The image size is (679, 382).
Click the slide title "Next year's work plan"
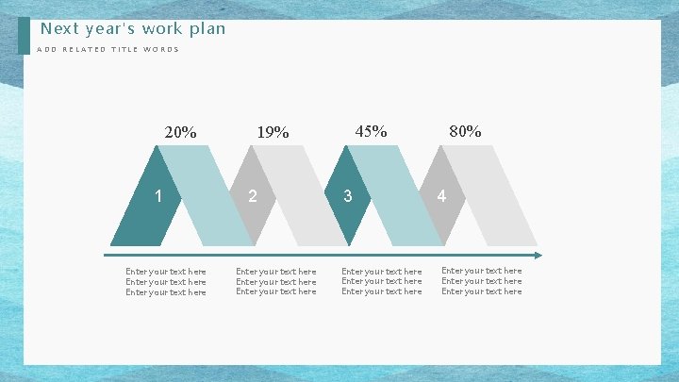(133, 28)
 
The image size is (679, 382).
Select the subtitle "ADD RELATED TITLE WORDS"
(108, 50)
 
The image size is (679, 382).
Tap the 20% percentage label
(180, 132)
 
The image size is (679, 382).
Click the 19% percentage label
(273, 132)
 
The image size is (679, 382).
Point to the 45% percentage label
(371, 131)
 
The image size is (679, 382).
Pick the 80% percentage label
(465, 131)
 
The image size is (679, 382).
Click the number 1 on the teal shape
(160, 196)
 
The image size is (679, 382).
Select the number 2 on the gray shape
(252, 196)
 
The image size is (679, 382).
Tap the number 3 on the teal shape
(348, 196)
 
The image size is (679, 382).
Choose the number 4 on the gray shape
(441, 196)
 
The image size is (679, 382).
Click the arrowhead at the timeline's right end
(538, 255)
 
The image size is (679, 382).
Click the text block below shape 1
(166, 282)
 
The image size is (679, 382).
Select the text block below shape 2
(276, 281)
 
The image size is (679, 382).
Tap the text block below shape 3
(382, 281)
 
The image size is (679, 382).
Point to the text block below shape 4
(481, 281)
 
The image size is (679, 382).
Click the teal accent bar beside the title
(24, 36)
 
